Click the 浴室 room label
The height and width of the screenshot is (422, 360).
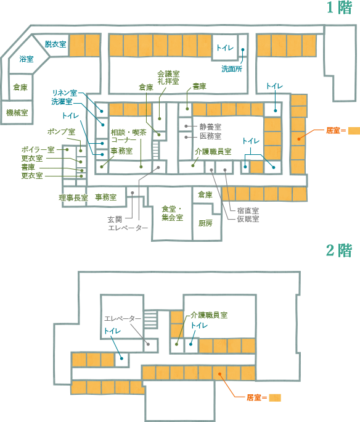[x=27, y=59]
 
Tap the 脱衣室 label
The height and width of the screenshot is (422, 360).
[x=55, y=44]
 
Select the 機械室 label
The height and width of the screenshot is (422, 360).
[x=17, y=112]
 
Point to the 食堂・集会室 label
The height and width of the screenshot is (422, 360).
[x=172, y=213]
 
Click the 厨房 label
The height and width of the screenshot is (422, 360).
[x=205, y=223]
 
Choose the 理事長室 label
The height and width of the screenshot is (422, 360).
[x=73, y=198]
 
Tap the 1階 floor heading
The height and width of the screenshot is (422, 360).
[x=339, y=7]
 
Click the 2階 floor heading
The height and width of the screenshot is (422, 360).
[x=339, y=250]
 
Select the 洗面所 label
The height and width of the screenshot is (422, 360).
[x=232, y=69]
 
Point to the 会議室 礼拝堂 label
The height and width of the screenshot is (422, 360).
[x=168, y=78]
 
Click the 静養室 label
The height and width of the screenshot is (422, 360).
[x=210, y=126]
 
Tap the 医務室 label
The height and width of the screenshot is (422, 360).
[x=210, y=136]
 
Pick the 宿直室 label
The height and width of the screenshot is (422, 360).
[x=248, y=210]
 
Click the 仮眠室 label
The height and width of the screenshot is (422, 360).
[x=248, y=219]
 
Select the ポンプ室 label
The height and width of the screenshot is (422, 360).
[x=61, y=132]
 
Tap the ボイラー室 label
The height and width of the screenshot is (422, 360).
[x=38, y=150]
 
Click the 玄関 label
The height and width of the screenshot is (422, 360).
[x=115, y=220]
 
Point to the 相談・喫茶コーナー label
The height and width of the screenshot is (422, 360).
[x=128, y=136]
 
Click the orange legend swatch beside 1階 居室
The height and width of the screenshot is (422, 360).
[x=354, y=131]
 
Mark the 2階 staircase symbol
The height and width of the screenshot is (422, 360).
[x=150, y=318]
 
